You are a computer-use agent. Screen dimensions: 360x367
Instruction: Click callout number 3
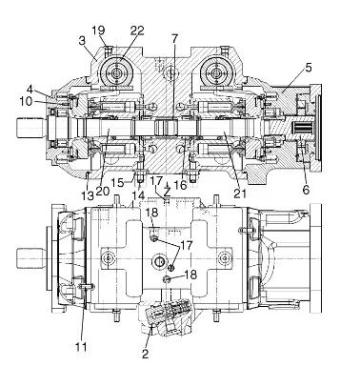[x=82, y=41]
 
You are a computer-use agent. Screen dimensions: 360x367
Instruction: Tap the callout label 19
[x=98, y=31]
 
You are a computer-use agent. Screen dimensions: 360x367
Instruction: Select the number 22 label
[x=137, y=31]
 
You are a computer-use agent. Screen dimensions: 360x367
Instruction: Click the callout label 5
[x=309, y=68]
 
